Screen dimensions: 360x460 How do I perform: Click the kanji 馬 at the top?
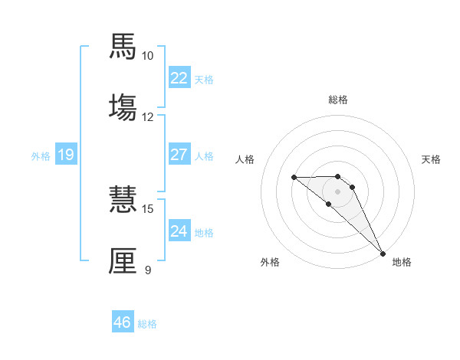point(123,47)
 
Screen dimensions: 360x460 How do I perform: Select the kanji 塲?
point(123,107)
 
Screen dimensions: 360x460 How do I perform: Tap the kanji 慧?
point(123,200)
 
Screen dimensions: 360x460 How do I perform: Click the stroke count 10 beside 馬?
point(148,56)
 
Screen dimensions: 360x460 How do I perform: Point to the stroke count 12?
point(148,116)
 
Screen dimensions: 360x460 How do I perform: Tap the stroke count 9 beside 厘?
point(148,270)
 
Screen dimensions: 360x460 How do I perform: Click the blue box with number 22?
point(179,78)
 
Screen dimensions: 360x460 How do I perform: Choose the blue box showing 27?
point(179,155)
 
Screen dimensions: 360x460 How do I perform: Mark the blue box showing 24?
point(179,231)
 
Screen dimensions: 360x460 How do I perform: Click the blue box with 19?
point(66,155)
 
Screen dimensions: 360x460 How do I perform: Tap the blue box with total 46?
point(123,322)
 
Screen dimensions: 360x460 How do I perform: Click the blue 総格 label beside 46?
point(148,324)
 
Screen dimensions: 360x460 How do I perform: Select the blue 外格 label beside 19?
point(41,156)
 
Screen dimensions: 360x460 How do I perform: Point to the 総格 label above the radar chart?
point(338,100)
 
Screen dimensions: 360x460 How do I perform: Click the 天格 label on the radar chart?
point(431,159)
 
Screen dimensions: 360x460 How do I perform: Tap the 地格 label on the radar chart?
point(402,263)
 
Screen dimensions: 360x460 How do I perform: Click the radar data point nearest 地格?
point(383,253)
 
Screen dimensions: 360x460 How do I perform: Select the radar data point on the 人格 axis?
point(294,178)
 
